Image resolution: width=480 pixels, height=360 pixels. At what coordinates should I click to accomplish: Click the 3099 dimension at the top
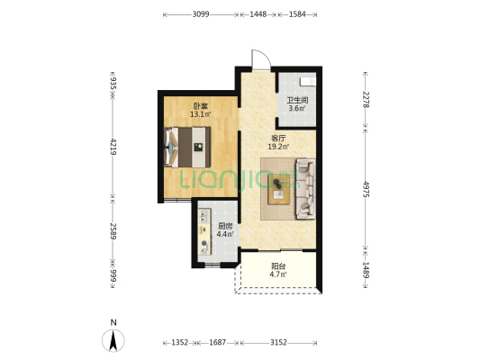point(201,14)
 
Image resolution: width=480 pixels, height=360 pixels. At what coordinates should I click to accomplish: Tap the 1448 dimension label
point(258,14)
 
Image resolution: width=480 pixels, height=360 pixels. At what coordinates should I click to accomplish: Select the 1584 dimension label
point(297,14)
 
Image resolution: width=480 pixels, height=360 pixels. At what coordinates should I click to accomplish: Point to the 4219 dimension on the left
point(113,147)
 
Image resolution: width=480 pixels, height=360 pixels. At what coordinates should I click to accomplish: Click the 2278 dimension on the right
point(366,99)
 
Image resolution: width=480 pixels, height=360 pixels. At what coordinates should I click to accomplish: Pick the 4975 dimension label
point(366,189)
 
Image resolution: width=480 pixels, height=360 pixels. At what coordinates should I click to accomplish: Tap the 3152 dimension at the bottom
point(278,343)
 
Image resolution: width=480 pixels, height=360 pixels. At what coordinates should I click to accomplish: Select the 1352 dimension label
point(180,343)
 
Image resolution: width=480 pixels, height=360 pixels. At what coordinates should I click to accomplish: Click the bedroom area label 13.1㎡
point(201,114)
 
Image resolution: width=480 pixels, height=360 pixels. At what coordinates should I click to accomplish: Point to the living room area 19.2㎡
point(278,147)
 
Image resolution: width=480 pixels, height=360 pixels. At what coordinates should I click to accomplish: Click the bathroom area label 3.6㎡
point(297,108)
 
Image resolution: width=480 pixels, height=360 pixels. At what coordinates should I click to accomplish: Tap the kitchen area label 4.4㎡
point(225,235)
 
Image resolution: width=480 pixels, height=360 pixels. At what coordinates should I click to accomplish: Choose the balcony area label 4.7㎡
point(278,274)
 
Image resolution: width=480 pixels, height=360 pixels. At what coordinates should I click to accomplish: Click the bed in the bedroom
point(187,147)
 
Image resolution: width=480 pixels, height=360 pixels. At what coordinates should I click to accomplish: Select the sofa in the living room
point(305,189)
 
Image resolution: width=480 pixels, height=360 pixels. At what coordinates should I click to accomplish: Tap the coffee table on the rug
point(278,189)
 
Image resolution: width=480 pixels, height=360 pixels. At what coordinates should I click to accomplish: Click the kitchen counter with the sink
point(204,232)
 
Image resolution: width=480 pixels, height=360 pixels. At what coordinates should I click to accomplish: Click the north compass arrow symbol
point(113,341)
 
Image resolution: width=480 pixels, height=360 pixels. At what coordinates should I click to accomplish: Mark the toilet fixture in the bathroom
point(308,81)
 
